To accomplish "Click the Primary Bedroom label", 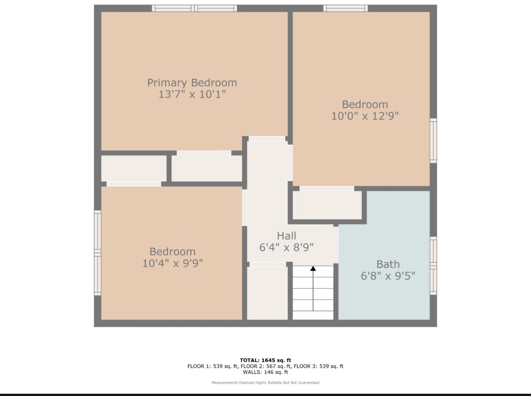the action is coord(192,83).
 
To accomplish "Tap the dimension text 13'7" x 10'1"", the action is coord(192,94).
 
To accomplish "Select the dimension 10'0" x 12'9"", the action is coord(365,116).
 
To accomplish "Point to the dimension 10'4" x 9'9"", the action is coord(172,263).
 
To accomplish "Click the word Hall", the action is coord(286,236).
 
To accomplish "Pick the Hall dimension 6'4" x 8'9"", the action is coord(286,247).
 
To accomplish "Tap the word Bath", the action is coord(388,264).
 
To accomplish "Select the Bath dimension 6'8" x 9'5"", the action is coord(388,276).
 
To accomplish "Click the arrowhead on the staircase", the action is coord(313,268).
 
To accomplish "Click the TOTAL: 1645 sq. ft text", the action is coord(266,360).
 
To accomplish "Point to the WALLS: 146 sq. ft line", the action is coord(266,372).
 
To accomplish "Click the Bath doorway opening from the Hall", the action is coord(336,245).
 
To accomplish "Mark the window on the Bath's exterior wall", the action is coord(433,265).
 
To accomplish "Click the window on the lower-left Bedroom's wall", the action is coord(98,253).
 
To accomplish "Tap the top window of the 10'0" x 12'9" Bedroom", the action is coord(345,9).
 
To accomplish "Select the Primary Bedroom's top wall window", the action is coord(195,9).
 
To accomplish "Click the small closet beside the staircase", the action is coord(267,293).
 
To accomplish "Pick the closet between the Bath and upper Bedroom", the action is coord(327,205).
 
